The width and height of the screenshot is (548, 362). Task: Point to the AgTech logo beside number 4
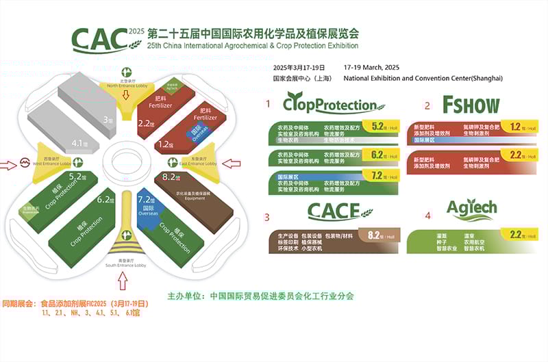(472, 209)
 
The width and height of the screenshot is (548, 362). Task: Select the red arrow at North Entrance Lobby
(126, 94)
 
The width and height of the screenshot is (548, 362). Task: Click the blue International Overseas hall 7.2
(147, 203)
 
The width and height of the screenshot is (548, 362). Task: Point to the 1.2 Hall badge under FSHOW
(520, 127)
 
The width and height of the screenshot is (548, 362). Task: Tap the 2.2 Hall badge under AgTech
(520, 236)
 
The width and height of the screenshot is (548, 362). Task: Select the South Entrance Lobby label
(125, 263)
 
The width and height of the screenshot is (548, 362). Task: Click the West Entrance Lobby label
(52, 163)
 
